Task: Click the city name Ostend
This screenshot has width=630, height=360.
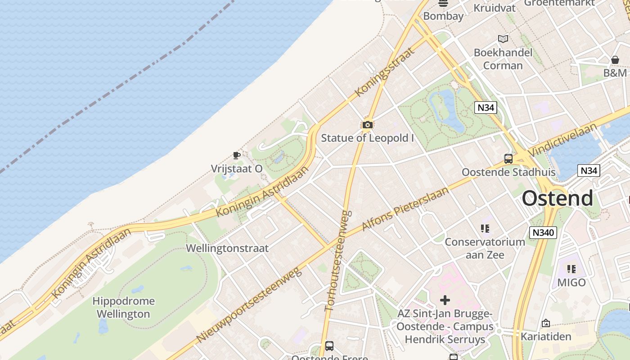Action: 558,198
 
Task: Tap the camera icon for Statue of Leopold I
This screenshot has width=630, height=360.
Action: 368,125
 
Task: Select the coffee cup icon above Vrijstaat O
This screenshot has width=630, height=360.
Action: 237,156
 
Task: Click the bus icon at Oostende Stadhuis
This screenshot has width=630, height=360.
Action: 508,158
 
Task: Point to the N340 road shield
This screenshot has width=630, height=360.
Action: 543,233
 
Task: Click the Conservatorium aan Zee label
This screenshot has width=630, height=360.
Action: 485,248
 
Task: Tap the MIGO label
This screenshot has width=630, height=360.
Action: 571,283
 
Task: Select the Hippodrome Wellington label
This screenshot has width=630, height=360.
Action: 123,307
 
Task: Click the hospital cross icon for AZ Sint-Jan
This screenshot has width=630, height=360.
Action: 445,300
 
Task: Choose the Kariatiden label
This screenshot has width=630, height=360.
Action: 546,336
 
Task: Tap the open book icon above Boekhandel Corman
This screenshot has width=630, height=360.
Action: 503,39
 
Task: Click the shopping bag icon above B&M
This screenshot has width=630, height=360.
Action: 615,60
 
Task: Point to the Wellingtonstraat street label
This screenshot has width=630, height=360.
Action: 227,248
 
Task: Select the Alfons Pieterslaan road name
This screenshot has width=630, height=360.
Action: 405,209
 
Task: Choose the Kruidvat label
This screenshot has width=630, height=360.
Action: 495,8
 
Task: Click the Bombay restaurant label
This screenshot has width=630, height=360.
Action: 443,16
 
